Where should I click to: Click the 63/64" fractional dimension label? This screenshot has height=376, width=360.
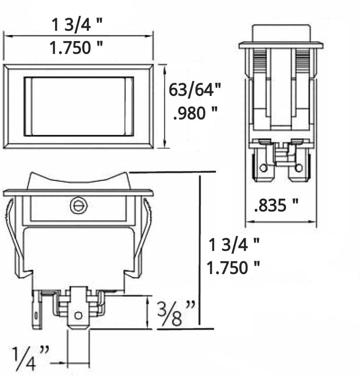coord(195,90)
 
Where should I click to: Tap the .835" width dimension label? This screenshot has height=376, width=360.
coord(276,206)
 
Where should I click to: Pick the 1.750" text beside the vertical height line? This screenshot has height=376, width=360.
coord(233,268)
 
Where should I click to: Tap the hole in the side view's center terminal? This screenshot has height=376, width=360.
coord(78,316)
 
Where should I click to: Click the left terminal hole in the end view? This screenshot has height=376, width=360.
coord(264,167)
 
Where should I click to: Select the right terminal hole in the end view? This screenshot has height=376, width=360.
coord(298,167)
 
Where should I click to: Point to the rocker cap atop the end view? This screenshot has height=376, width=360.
coord(281,33)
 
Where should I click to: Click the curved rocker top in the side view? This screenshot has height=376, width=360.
coord(78,180)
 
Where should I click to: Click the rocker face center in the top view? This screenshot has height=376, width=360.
coord(78,106)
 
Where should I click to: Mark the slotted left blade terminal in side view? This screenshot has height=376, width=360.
coord(37,310)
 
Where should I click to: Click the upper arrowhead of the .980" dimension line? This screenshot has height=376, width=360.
coord(165,67)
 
